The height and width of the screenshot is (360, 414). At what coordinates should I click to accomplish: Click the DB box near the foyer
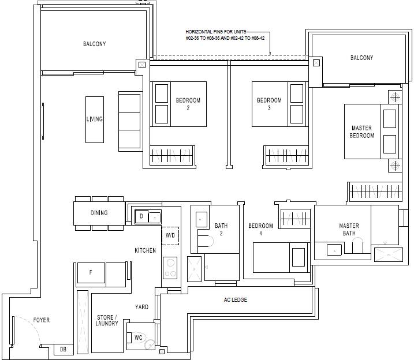click(x=64, y=349)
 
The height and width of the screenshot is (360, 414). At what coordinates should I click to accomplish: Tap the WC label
click(x=139, y=337)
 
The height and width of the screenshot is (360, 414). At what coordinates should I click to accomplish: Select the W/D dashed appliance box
click(x=170, y=235)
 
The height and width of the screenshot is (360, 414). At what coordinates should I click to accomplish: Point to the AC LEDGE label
click(x=236, y=300)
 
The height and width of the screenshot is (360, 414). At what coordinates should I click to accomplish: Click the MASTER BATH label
click(x=349, y=230)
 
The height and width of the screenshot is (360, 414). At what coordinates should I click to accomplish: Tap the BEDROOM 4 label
click(x=260, y=230)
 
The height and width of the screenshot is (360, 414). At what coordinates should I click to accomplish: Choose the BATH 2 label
click(x=221, y=230)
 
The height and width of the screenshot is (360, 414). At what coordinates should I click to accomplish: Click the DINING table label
click(x=99, y=213)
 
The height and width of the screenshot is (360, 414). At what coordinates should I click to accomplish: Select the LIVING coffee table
click(x=95, y=119)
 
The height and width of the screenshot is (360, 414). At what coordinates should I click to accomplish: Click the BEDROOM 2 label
click(x=188, y=104)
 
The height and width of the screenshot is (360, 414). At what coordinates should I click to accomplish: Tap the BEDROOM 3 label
click(x=269, y=104)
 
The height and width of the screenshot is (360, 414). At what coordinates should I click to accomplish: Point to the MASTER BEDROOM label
click(x=361, y=132)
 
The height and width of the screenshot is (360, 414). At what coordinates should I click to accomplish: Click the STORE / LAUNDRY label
click(x=107, y=320)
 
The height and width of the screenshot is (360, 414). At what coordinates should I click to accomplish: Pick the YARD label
click(x=142, y=307)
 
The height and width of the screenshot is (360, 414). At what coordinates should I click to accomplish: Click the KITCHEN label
click(x=145, y=250)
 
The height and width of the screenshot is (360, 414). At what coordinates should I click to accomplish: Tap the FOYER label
click(x=42, y=320)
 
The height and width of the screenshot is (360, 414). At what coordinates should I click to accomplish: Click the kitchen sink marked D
click(x=141, y=217)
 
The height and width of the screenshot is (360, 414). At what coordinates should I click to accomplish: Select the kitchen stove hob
click(x=170, y=268)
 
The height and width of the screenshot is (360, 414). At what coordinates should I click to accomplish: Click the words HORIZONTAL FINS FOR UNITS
click(x=216, y=32)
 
